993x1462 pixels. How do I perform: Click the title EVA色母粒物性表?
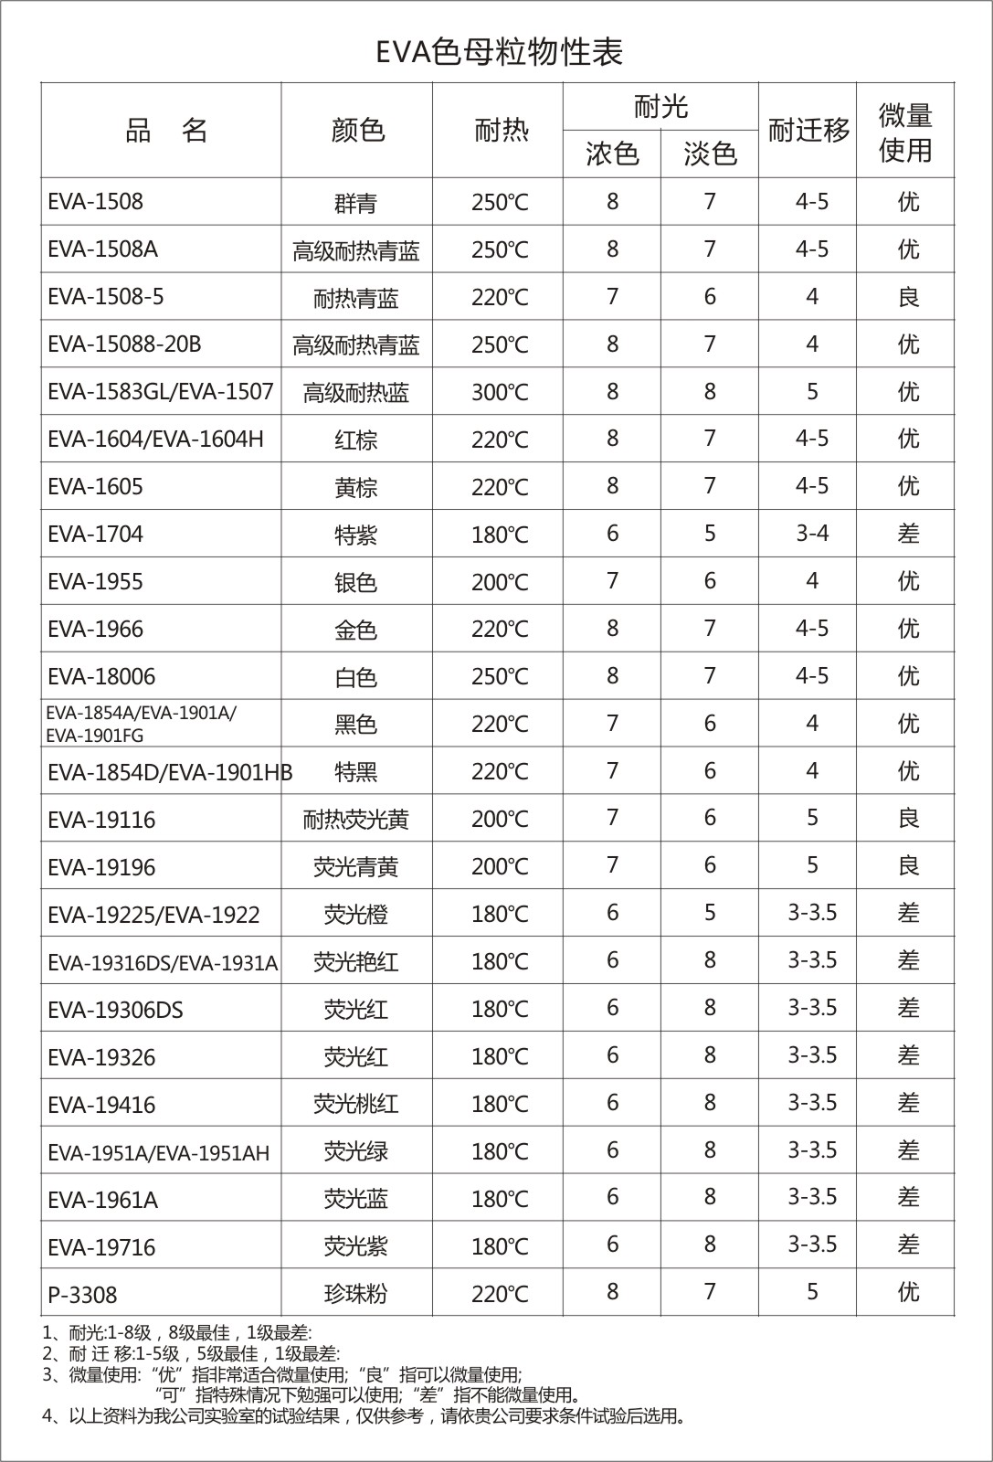pos(499,53)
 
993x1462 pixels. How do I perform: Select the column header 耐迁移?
pos(808,131)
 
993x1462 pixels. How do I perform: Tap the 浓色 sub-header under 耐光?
pos(612,154)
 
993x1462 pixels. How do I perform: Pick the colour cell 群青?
pos(355,203)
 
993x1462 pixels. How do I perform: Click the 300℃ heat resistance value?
pos(500,393)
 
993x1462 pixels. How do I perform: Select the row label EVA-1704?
pos(95,535)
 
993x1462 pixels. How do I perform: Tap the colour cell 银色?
pos(355,582)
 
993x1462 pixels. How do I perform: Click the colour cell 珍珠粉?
pos(355,1294)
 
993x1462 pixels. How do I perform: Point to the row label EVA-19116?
pos(101,820)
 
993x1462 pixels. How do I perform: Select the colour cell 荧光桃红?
pos(355,1104)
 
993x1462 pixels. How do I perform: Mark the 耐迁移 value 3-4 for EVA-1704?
pos(811,533)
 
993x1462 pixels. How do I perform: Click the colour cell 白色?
pos(355,677)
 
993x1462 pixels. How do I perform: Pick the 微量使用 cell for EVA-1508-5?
pos(907,297)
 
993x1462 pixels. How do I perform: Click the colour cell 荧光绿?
pos(355,1151)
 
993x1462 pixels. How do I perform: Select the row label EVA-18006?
pos(101,677)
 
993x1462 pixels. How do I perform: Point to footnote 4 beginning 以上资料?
pos(365,1416)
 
